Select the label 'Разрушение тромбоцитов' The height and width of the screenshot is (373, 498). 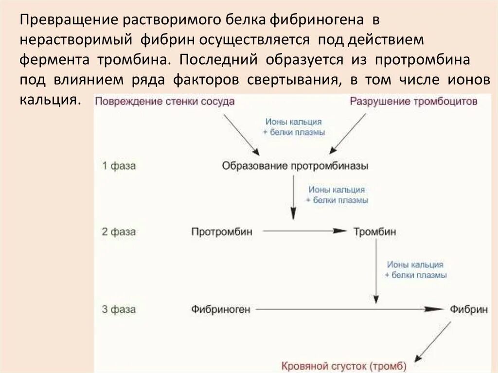point(413,102)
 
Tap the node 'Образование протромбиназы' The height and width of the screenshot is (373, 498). point(295,166)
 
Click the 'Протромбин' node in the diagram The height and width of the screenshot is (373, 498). point(222,231)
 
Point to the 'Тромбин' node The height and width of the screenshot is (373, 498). point(374,231)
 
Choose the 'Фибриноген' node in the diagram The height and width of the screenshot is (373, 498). point(220,309)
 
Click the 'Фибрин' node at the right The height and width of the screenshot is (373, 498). point(469,309)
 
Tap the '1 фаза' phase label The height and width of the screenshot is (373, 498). point(119,166)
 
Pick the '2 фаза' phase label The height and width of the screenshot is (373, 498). point(119,231)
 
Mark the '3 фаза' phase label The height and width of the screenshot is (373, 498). point(119,309)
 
